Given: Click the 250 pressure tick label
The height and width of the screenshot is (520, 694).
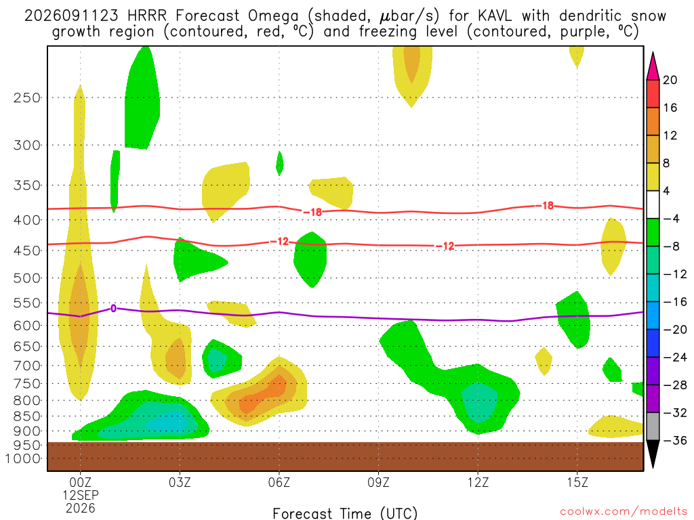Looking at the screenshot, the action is [27, 97].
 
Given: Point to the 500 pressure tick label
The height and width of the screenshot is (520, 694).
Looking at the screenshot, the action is [27, 278].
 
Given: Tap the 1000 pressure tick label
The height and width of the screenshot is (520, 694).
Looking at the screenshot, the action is [23, 458].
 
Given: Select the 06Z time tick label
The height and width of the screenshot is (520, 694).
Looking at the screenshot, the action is [279, 482].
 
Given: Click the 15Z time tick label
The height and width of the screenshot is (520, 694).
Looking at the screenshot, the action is [577, 482].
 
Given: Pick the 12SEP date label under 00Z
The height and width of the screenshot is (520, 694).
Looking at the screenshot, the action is [80, 495].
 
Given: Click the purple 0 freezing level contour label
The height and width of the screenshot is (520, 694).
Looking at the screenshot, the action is [113, 308].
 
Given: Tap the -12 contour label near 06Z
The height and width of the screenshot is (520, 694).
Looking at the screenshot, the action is [279, 242].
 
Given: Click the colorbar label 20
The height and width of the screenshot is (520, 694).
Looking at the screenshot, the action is [670, 80].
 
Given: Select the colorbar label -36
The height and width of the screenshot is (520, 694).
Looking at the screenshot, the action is [674, 440].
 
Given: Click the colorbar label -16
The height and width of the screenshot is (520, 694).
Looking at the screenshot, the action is [674, 302].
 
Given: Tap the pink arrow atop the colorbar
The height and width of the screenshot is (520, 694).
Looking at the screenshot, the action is [653, 66].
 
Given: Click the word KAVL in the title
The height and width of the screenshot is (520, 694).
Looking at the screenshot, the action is [494, 16].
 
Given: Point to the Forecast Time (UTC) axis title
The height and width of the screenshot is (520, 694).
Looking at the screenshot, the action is [345, 513].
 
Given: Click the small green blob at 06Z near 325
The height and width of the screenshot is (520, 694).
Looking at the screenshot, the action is [279, 163].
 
